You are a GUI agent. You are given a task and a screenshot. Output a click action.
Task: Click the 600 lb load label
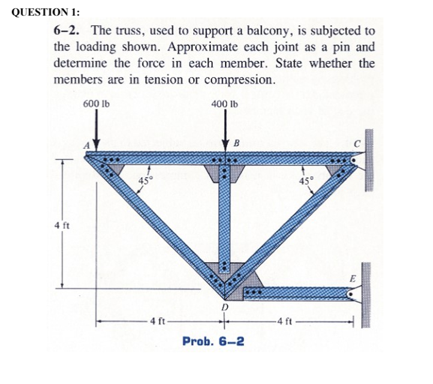click(x=97, y=103)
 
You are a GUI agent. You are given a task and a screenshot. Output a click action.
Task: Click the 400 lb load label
click(x=225, y=103)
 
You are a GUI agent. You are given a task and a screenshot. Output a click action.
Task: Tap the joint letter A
click(x=86, y=144)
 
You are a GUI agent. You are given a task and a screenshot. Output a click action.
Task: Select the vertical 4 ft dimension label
click(x=60, y=226)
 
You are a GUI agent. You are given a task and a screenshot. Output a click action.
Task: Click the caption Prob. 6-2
click(x=213, y=341)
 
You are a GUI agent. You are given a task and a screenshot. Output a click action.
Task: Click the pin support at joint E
click(x=354, y=294)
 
